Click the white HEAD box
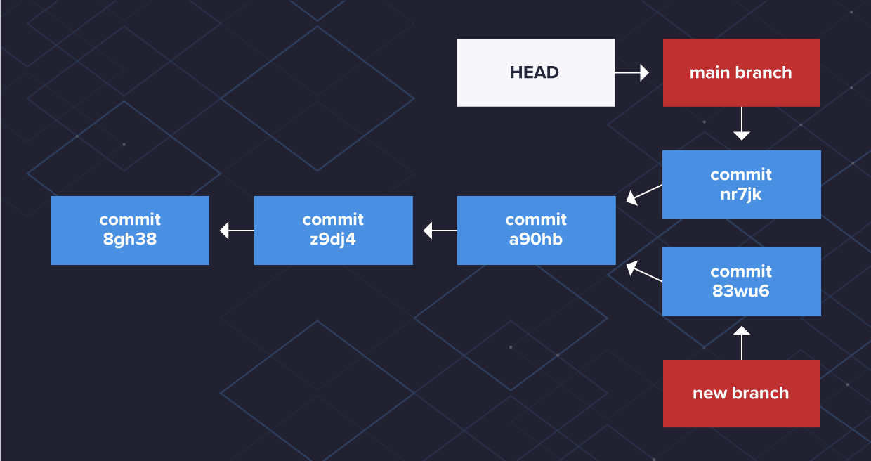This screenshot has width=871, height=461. click(x=535, y=73)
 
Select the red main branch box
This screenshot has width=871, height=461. click(x=741, y=73)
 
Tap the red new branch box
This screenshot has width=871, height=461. click(x=741, y=394)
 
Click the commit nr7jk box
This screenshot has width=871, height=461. click(x=741, y=184)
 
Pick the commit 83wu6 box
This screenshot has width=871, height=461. click(x=741, y=281)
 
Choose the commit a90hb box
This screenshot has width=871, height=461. click(x=535, y=230)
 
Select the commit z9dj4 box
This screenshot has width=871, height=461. click(x=333, y=230)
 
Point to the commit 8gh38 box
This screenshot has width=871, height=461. click(x=130, y=230)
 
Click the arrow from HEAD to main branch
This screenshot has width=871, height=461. click(x=631, y=72)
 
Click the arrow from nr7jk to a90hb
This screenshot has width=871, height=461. click(x=644, y=195)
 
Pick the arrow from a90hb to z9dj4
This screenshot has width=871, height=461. click(x=440, y=230)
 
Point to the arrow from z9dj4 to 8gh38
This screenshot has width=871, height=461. click(x=237, y=230)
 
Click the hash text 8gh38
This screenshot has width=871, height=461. click(x=130, y=240)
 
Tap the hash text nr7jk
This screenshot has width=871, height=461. click(x=741, y=194)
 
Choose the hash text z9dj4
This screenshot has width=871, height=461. click(x=333, y=240)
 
